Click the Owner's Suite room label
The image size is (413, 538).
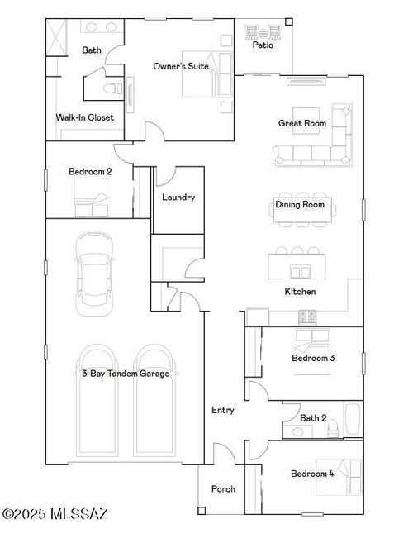(x=181, y=66)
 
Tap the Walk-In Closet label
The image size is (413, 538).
(x=84, y=117)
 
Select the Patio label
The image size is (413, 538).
(x=263, y=45)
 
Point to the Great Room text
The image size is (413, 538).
(x=301, y=123)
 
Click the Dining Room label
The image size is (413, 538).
(x=300, y=204)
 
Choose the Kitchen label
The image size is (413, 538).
(x=300, y=292)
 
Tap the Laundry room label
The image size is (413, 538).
(x=178, y=198)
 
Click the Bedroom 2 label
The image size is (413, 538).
(x=90, y=172)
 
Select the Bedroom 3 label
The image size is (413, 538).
(x=313, y=359)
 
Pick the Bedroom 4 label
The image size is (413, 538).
(x=312, y=474)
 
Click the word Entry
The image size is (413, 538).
(x=223, y=410)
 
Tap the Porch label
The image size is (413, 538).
(x=224, y=488)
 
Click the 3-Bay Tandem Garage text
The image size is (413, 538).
(x=126, y=374)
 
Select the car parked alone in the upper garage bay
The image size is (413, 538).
(x=92, y=274)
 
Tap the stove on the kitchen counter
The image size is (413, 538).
(x=307, y=316)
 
